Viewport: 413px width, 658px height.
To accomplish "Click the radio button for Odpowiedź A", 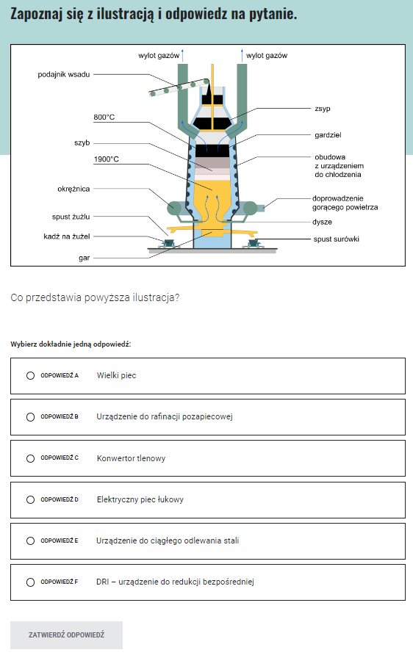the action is [30, 375].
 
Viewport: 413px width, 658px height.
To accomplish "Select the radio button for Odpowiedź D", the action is [30, 500].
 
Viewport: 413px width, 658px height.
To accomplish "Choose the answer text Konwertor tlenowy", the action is [131, 458].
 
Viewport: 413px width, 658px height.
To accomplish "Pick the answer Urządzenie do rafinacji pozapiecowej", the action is [165, 416].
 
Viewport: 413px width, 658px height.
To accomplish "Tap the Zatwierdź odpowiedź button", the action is [66, 635].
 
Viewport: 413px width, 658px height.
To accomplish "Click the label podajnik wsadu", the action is [64, 74].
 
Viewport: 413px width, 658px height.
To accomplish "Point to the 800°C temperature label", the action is [104, 117].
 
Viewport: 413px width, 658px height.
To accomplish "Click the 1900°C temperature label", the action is [106, 159].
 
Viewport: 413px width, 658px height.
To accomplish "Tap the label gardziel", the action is [328, 135].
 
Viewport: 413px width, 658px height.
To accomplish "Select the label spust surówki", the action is [336, 239].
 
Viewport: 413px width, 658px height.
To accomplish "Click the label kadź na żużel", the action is [67, 236].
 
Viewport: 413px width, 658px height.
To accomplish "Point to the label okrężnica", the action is [73, 189].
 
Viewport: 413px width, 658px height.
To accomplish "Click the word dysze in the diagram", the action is [322, 222].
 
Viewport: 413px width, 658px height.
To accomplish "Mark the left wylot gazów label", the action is [159, 55].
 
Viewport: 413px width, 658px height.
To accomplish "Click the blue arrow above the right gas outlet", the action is [242, 55].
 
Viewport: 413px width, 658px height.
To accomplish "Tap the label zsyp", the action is [323, 109].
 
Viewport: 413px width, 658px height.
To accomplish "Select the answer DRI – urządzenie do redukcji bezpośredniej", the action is [175, 582].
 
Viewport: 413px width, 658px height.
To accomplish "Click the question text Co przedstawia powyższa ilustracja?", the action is [95, 297].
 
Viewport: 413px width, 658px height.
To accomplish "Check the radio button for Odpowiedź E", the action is [30, 541].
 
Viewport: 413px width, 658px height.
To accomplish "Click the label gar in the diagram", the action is [85, 258].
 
